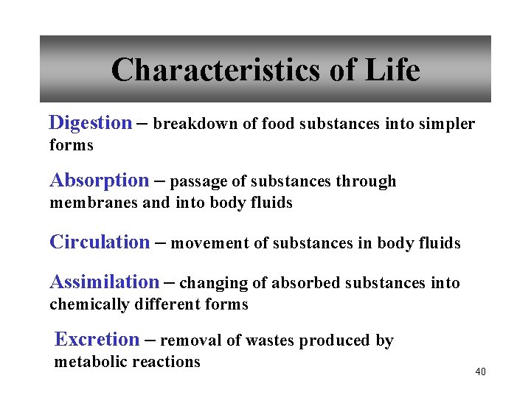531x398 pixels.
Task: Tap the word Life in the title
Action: [392, 71]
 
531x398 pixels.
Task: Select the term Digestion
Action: [90, 123]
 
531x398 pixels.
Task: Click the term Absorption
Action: [99, 181]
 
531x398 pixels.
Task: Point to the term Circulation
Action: [99, 242]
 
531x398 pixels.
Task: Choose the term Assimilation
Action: [104, 282]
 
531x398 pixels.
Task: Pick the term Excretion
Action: [97, 340]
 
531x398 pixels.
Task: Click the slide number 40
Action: [480, 371]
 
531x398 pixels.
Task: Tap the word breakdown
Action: [195, 124]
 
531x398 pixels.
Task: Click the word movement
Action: [209, 243]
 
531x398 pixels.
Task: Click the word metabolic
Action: [88, 362]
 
